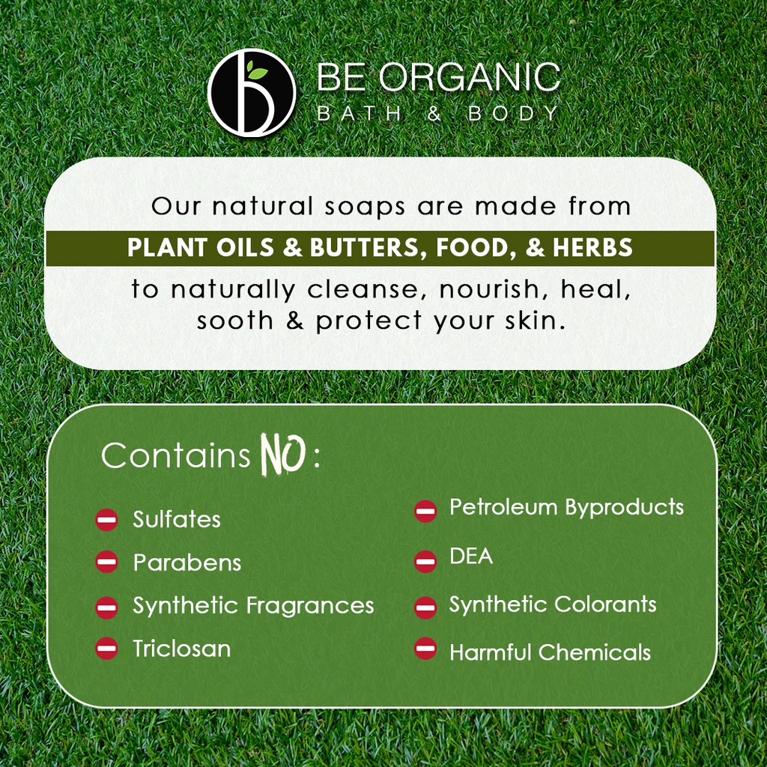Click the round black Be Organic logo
coord(252,92)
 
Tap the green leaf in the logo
coord(257,70)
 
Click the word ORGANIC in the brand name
coord(470,77)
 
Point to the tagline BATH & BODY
coord(437,114)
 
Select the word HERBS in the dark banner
coord(592,247)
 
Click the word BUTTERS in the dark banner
coord(365,248)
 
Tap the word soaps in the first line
coord(365,207)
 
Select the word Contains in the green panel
coord(176,455)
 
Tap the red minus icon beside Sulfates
coord(106,520)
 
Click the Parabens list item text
coord(187,563)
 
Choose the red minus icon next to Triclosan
coord(106,648)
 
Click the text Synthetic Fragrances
coord(253,606)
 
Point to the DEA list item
coord(471,557)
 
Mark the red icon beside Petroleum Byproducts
coord(425,511)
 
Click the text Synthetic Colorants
coord(553,604)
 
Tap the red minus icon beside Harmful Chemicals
coord(425,648)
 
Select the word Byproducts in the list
coord(624,508)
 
